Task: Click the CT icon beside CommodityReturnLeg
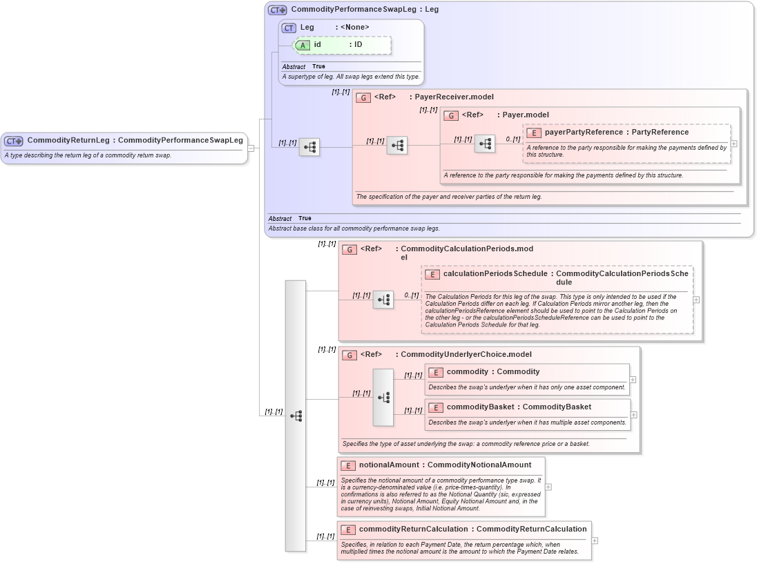14,141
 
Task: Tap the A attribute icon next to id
303,45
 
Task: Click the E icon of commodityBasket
435,407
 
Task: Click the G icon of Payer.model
451,115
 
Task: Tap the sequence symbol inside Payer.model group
485,144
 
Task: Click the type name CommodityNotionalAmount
479,465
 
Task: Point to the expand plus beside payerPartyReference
734,144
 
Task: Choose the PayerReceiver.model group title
454,97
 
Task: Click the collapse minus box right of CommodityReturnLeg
251,148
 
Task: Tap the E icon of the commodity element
435,372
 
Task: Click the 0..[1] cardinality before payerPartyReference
512,139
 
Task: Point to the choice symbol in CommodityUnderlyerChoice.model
383,398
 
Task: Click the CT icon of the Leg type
289,28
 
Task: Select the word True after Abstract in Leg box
318,67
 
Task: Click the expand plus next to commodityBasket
634,415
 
